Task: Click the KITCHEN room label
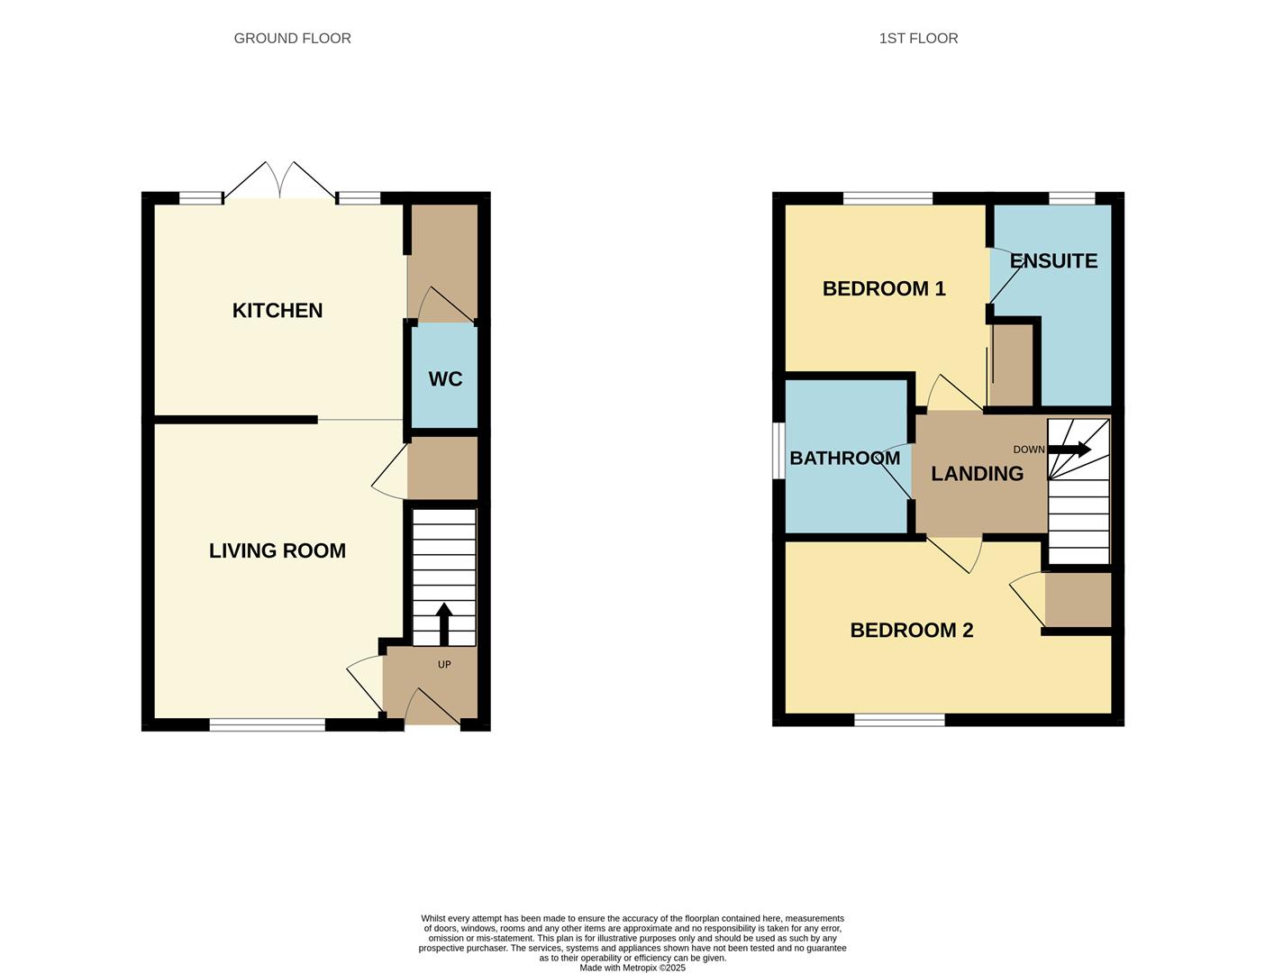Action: (x=277, y=311)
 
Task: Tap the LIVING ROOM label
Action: (x=277, y=551)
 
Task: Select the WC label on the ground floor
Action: (x=445, y=379)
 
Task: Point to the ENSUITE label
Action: (x=1053, y=261)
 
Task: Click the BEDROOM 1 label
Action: (x=884, y=289)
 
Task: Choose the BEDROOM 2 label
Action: (x=911, y=631)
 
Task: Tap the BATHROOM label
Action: (x=844, y=459)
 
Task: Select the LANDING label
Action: (x=977, y=474)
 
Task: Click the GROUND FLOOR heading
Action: (x=292, y=39)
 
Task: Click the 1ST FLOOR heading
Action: (x=918, y=39)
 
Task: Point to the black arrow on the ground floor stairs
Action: (x=443, y=623)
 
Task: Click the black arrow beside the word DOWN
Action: (x=1069, y=450)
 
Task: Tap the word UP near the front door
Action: (x=444, y=665)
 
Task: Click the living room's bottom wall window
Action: (x=267, y=724)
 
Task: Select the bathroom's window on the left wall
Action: (x=778, y=450)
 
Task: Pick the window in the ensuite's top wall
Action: (x=1071, y=198)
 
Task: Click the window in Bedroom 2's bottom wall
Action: (x=899, y=720)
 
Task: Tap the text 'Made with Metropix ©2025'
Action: (x=632, y=968)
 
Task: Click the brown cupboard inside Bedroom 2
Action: (x=1078, y=599)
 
